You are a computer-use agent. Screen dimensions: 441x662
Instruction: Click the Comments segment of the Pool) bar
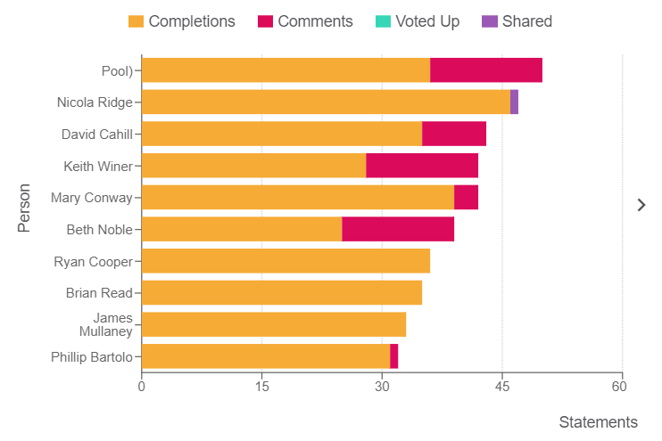[486, 70]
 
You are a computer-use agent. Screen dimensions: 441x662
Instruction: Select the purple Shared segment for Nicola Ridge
[514, 102]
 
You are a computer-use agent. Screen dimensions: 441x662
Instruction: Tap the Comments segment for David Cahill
[454, 134]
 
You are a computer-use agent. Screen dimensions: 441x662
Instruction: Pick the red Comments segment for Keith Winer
[422, 166]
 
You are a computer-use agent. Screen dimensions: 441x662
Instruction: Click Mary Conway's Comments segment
[466, 198]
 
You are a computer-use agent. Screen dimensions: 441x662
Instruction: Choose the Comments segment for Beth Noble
[398, 229]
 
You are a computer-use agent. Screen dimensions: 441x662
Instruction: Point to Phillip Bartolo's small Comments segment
[394, 356]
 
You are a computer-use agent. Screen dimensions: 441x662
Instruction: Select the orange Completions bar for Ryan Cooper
[285, 261]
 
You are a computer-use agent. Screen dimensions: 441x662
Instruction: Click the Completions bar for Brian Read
[282, 293]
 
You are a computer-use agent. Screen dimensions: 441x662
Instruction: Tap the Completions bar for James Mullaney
[274, 324]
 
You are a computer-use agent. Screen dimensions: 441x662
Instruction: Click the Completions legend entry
[182, 21]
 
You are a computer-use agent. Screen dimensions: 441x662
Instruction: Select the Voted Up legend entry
[417, 21]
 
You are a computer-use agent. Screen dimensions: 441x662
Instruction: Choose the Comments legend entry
[305, 21]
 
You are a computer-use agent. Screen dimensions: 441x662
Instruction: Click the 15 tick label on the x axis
[261, 387]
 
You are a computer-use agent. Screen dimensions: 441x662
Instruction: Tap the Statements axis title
[598, 421]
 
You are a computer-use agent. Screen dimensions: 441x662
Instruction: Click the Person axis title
[24, 208]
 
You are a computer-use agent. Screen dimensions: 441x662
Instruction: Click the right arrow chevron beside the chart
[641, 205]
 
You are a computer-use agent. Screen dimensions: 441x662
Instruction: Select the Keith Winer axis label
[98, 166]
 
